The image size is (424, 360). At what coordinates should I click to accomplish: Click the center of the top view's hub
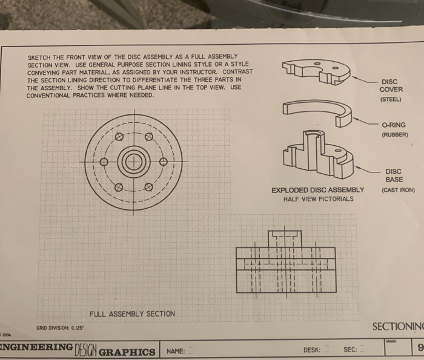click(x=133, y=162)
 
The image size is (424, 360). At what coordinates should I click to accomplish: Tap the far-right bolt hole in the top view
click(x=162, y=162)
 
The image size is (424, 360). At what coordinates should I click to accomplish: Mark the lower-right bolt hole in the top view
click(x=148, y=187)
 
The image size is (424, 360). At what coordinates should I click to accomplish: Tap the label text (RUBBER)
click(x=394, y=134)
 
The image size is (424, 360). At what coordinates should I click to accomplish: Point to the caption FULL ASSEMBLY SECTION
click(x=132, y=313)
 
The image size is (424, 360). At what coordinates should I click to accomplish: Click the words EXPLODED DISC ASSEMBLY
click(x=317, y=189)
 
